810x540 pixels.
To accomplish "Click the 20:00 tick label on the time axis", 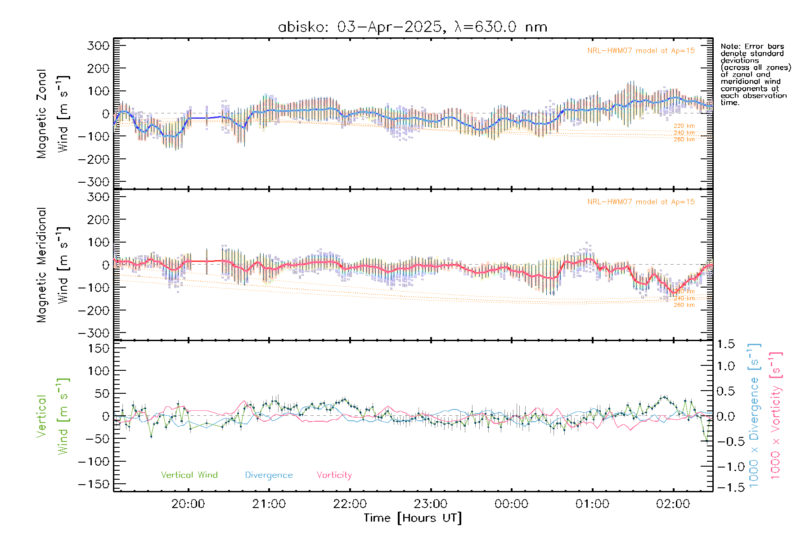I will tap(188, 504).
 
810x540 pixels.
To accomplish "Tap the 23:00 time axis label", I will tap(431, 504).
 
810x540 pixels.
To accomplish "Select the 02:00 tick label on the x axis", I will tap(673, 504).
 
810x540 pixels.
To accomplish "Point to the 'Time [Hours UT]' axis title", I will tap(413, 518).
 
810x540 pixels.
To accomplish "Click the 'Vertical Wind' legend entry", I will tap(189, 475).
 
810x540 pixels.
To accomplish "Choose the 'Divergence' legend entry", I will tap(269, 475).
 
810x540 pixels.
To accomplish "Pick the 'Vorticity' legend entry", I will tap(334, 475).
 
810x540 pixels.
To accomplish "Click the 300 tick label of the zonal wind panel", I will tap(98, 45).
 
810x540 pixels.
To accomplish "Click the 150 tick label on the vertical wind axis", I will tap(98, 348).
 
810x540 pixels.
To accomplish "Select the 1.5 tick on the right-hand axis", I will tap(725, 344).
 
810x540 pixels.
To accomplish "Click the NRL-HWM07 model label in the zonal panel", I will tap(641, 51).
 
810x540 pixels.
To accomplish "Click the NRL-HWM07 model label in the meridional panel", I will tap(641, 202).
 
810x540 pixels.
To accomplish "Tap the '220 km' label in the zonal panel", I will tap(684, 126).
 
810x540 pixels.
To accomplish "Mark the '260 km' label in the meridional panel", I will tap(684, 305).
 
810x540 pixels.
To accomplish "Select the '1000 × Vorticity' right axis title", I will tap(776, 415).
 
